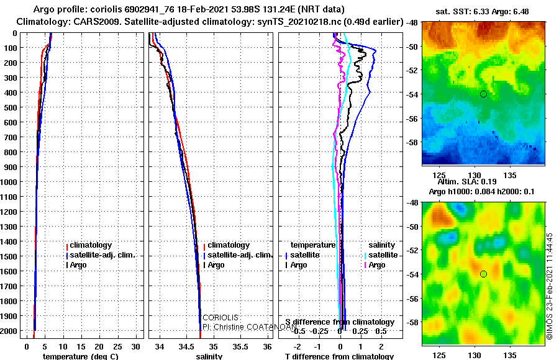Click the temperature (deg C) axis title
point(78,356)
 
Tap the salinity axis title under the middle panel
point(209,356)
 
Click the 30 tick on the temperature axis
point(137,346)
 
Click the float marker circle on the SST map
point(483,94)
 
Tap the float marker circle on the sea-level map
point(483,274)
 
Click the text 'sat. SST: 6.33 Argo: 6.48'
point(483,11)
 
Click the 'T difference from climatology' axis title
point(339,356)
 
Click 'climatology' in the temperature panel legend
point(90,245)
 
